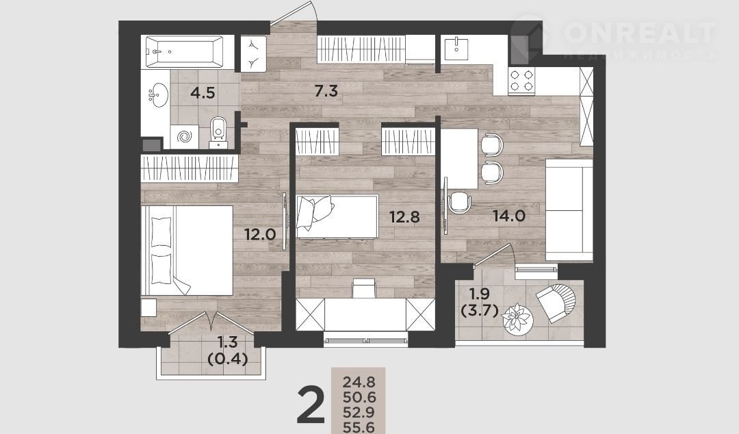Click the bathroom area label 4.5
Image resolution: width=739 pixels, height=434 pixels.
click(x=203, y=92)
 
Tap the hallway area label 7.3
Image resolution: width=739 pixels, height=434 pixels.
click(x=326, y=90)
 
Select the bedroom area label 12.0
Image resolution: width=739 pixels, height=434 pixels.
click(x=260, y=234)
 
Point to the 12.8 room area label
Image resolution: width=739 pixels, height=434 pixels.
click(x=404, y=217)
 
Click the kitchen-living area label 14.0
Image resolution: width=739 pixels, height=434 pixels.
click(x=509, y=216)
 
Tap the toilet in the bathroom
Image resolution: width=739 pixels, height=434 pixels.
click(x=218, y=131)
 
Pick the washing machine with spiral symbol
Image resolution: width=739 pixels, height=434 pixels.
click(x=184, y=137)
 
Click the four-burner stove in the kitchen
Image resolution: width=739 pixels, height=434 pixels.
click(x=521, y=80)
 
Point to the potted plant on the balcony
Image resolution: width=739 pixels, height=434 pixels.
click(x=517, y=320)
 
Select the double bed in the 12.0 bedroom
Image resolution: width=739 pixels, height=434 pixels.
click(x=187, y=251)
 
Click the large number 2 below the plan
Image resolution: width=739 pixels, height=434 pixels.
click(x=311, y=405)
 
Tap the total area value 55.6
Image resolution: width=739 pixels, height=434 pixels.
click(x=359, y=427)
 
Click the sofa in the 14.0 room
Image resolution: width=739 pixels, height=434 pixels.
click(x=569, y=210)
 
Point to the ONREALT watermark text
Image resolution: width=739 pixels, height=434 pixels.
click(x=640, y=32)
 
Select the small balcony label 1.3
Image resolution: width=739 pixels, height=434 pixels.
click(x=227, y=341)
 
